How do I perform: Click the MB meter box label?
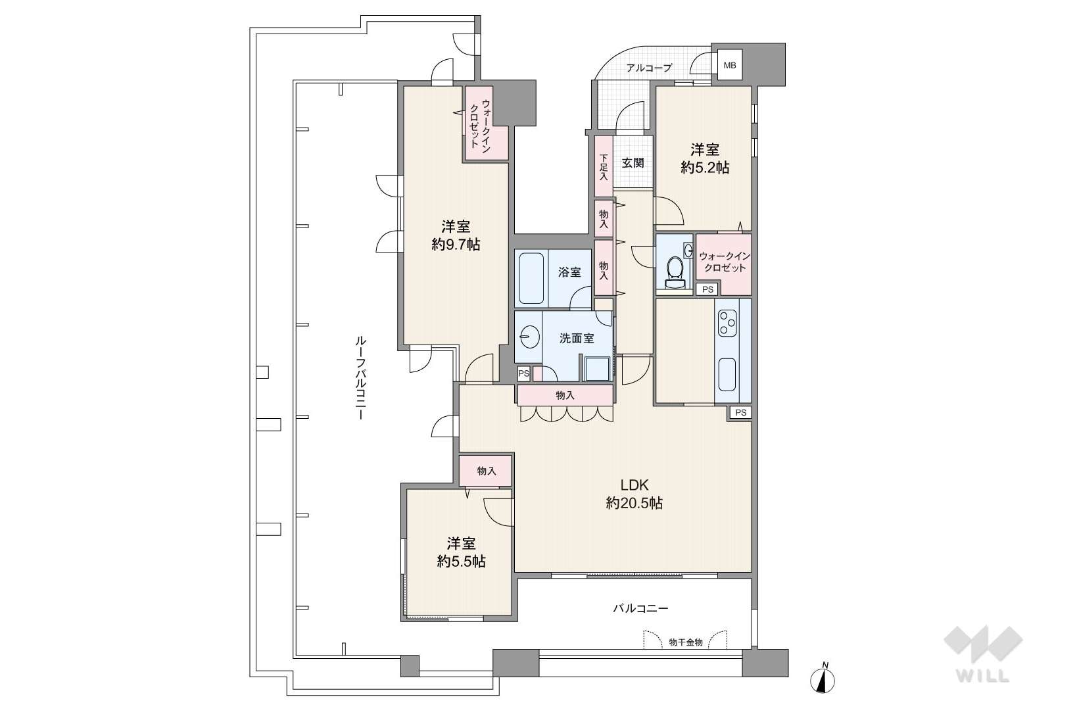pyautogui.click(x=729, y=65)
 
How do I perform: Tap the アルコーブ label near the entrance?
pyautogui.click(x=649, y=68)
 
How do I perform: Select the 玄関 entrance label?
pyautogui.click(x=633, y=163)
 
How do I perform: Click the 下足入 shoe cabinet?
pyautogui.click(x=604, y=166)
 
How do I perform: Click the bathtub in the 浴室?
pyautogui.click(x=531, y=278)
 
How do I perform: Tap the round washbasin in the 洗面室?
pyautogui.click(x=529, y=337)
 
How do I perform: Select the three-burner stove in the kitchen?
pyautogui.click(x=727, y=323)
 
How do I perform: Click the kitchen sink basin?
pyautogui.click(x=727, y=375)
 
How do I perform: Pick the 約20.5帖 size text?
pyautogui.click(x=634, y=504)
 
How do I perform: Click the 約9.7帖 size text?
pyautogui.click(x=455, y=245)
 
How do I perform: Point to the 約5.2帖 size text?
pyautogui.click(x=705, y=168)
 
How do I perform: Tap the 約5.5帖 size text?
pyautogui.click(x=461, y=562)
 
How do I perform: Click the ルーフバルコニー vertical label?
pyautogui.click(x=360, y=378)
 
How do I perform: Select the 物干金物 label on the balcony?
pyautogui.click(x=686, y=642)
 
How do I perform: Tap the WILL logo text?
pyautogui.click(x=983, y=676)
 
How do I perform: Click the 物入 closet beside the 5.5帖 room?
pyautogui.click(x=486, y=471)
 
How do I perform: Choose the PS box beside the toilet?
pyautogui.click(x=707, y=289)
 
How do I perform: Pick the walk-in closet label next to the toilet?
pyautogui.click(x=725, y=262)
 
